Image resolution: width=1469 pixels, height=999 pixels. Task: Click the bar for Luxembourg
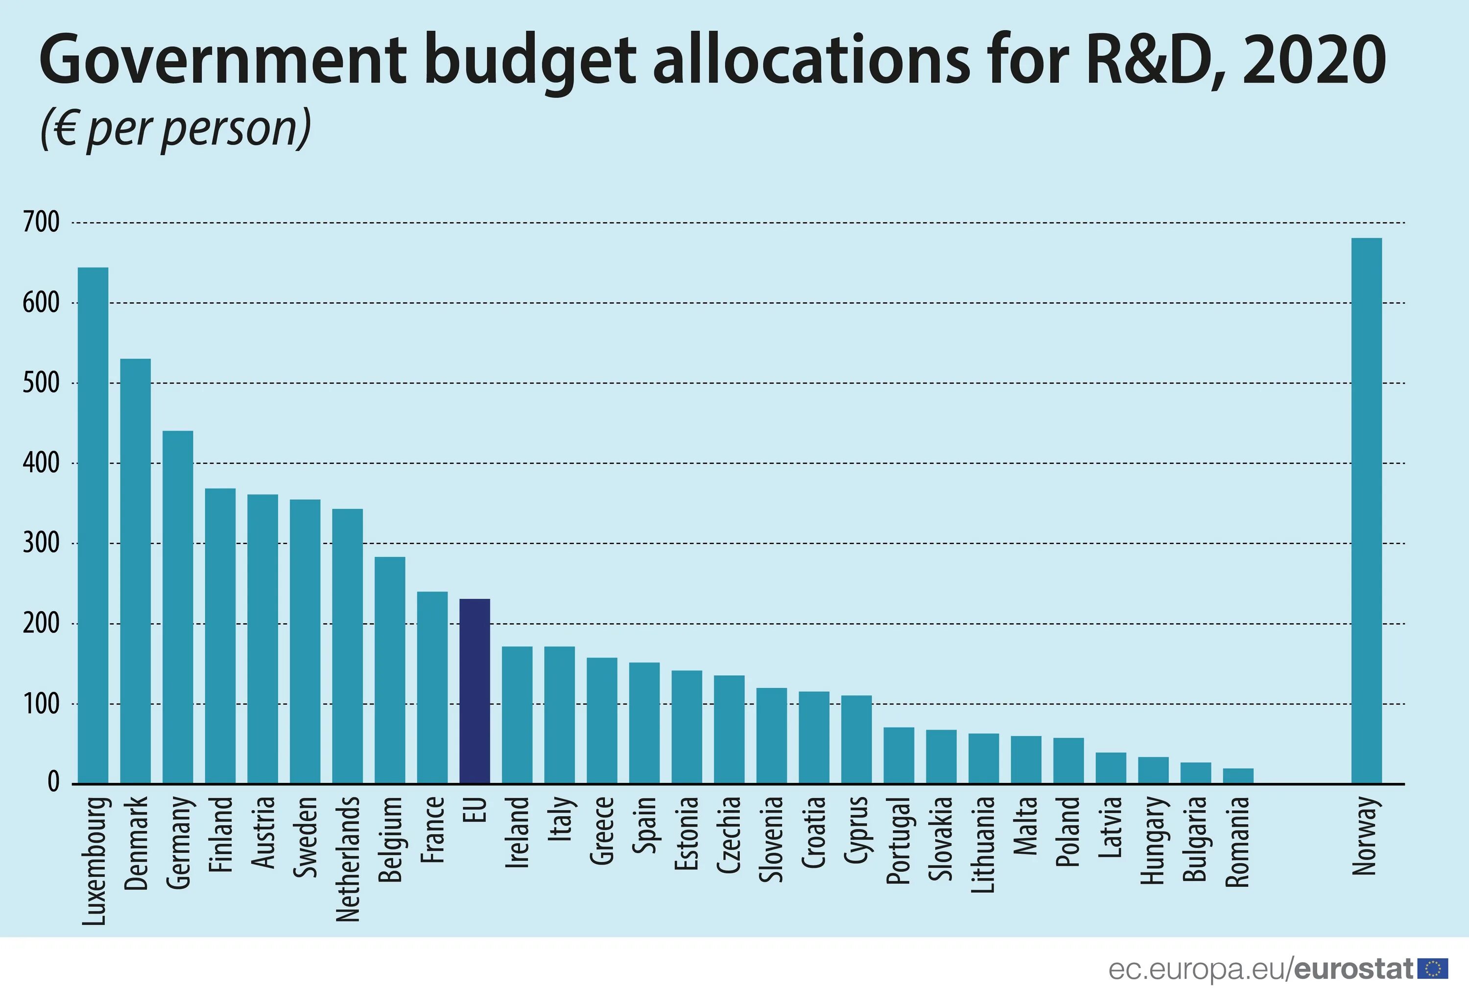tap(93, 525)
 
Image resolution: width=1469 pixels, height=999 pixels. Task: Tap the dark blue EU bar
tap(474, 691)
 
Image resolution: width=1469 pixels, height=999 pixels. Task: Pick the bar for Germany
tap(178, 607)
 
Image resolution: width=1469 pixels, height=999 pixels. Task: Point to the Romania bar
tap(1238, 776)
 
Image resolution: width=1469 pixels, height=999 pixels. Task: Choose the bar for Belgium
tap(390, 670)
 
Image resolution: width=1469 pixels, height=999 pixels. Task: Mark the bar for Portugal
tap(899, 755)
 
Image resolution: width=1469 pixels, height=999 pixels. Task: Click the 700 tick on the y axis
tap(41, 222)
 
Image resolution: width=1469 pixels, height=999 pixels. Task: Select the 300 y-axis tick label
tap(41, 543)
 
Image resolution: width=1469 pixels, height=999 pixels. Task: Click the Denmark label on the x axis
tap(136, 843)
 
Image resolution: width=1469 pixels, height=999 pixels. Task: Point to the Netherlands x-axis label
tap(348, 859)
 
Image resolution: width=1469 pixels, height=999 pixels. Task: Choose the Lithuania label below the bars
tap(984, 844)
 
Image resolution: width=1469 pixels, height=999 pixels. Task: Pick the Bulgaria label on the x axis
tap(1195, 839)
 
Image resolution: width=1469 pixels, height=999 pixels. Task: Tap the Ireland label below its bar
tap(518, 831)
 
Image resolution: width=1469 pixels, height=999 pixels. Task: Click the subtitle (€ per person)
tap(176, 128)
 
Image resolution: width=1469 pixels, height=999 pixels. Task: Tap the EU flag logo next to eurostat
tap(1433, 969)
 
